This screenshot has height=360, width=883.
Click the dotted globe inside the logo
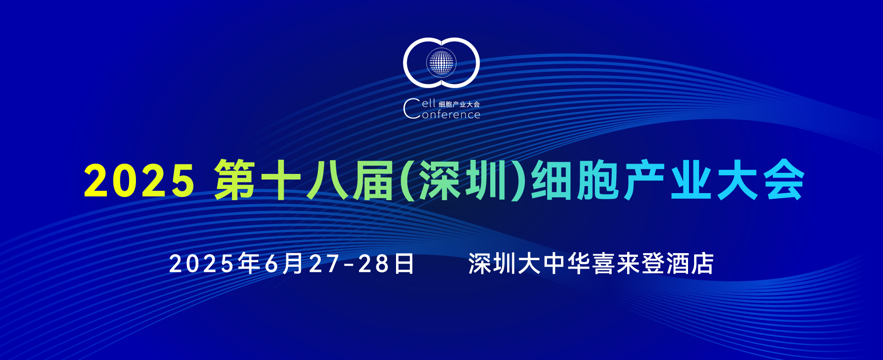441,62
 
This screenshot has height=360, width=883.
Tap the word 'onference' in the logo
451,115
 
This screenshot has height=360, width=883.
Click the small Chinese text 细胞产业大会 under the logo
459,104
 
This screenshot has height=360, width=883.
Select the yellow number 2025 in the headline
139,181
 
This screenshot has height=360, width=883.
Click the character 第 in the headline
235,180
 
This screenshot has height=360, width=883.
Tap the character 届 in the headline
373,180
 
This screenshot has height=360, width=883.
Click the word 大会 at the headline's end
761,180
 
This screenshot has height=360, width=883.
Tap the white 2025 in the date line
201,264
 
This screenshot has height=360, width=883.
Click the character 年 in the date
249,263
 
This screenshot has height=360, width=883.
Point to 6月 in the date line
284,263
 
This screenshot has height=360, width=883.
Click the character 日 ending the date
404,263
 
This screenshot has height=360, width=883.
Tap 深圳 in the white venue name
492,263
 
